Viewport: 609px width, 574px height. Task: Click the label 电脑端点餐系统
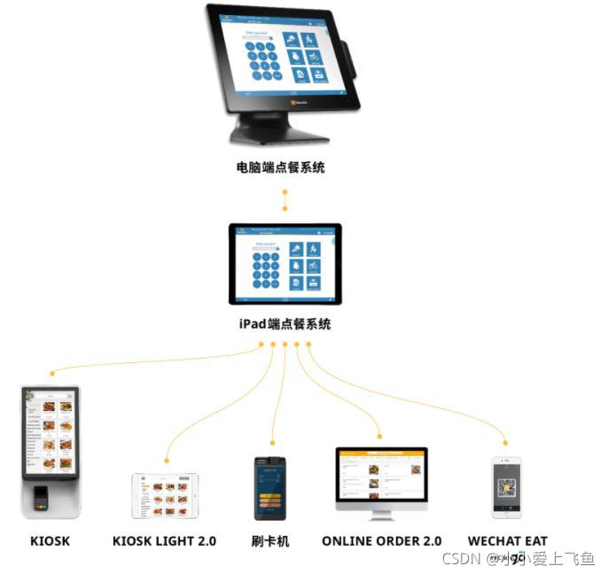tap(280, 167)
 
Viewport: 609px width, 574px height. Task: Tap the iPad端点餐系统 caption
tap(285, 324)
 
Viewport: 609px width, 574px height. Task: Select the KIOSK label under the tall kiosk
tap(50, 540)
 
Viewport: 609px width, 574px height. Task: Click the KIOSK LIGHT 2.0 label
tap(165, 540)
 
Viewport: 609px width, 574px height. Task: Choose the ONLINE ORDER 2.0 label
tap(381, 540)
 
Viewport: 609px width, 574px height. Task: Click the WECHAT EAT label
tap(507, 540)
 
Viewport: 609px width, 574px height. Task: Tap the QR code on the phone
tap(506, 488)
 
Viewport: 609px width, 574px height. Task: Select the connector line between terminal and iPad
tap(285, 200)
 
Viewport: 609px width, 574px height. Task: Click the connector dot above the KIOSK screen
tap(53, 373)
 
